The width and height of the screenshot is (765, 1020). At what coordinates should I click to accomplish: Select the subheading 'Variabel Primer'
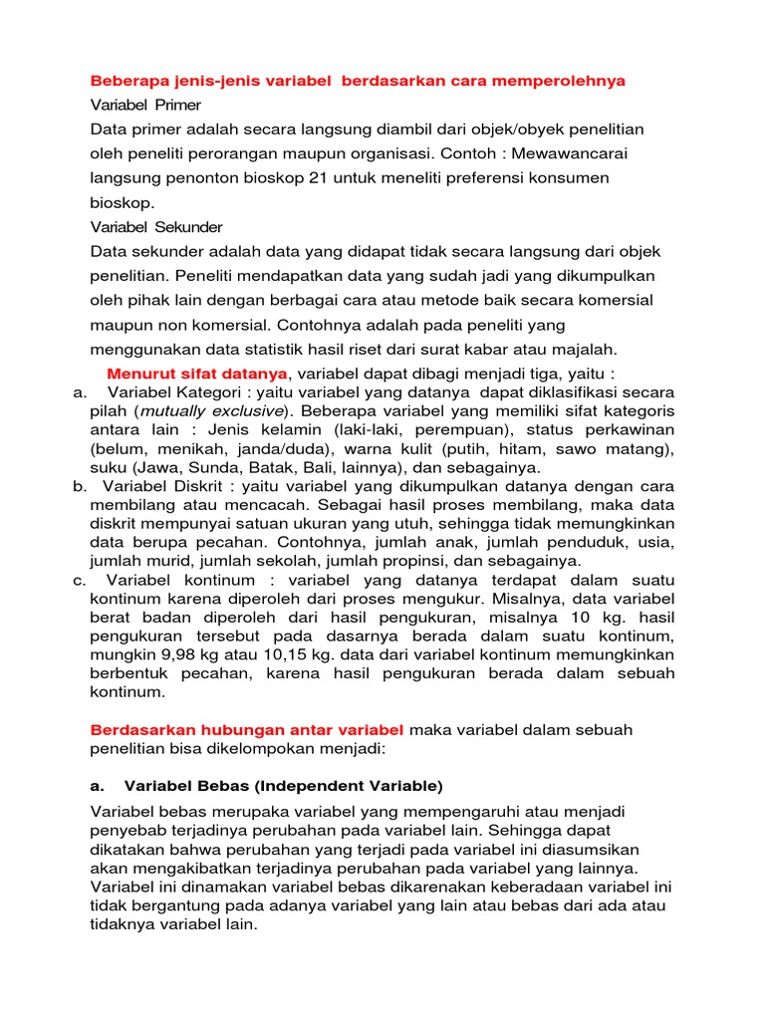(x=145, y=105)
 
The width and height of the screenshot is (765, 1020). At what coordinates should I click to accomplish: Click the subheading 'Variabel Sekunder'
(x=156, y=226)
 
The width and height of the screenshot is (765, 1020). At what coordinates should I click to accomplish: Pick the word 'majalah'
(x=581, y=348)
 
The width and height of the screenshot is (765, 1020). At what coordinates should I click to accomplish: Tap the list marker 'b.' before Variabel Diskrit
(x=80, y=486)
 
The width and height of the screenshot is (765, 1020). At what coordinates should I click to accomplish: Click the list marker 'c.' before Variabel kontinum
(x=80, y=580)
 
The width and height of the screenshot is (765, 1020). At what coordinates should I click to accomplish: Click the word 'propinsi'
(x=422, y=561)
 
